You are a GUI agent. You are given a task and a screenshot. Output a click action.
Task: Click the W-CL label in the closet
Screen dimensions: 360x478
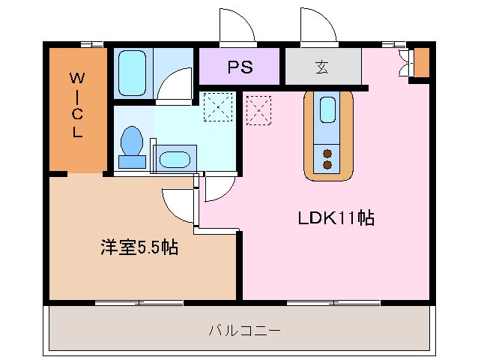click(x=77, y=105)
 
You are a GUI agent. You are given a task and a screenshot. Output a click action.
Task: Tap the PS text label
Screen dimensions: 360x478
click(x=240, y=67)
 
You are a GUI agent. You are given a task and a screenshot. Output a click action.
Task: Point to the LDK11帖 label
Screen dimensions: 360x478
click(x=336, y=219)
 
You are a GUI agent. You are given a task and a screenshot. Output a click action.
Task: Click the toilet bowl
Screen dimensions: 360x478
click(x=133, y=144)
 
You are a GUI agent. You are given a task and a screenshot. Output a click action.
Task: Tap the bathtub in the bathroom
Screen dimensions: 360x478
click(x=133, y=72)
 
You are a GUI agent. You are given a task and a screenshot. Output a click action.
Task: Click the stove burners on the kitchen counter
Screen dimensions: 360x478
click(x=328, y=158)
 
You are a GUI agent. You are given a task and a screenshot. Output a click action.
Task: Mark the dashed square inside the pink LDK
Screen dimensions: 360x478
click(x=258, y=109)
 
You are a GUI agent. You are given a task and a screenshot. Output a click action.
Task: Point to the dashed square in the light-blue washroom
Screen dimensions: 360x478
click(x=218, y=106)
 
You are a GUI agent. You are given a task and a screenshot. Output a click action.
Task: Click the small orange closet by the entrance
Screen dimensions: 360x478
click(x=422, y=62)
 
